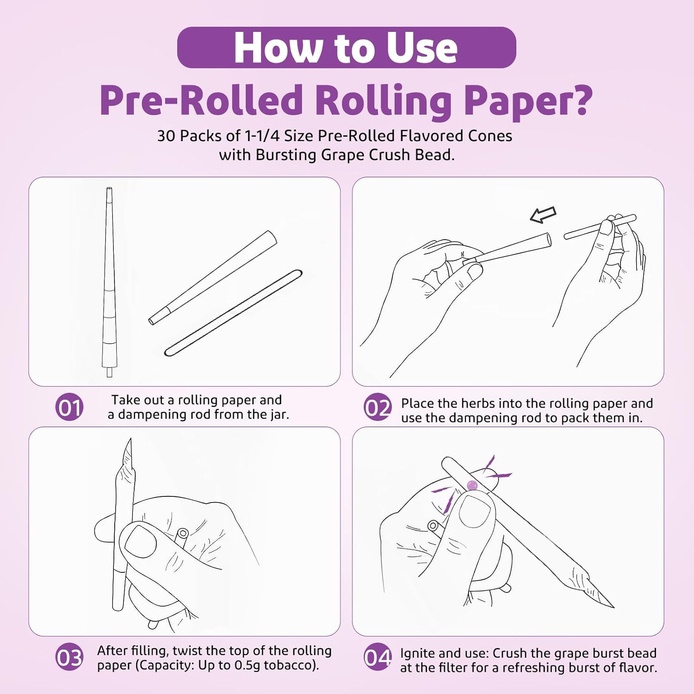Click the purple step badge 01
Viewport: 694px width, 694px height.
click(x=69, y=407)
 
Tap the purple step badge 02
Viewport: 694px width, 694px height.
click(x=378, y=407)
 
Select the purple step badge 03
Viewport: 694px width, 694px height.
click(x=69, y=657)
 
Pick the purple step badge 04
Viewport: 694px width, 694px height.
click(x=378, y=657)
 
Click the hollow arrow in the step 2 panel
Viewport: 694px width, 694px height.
click(x=543, y=215)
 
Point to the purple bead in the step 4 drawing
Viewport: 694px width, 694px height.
click(x=472, y=485)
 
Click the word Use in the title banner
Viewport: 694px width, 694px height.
click(x=421, y=48)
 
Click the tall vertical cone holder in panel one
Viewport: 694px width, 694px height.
click(x=109, y=282)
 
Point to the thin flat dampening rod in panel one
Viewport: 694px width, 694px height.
click(x=233, y=313)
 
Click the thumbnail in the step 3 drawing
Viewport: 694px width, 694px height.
click(x=141, y=542)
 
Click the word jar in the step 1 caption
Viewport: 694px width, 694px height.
click(x=278, y=415)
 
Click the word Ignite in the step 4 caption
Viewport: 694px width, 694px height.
click(x=417, y=654)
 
